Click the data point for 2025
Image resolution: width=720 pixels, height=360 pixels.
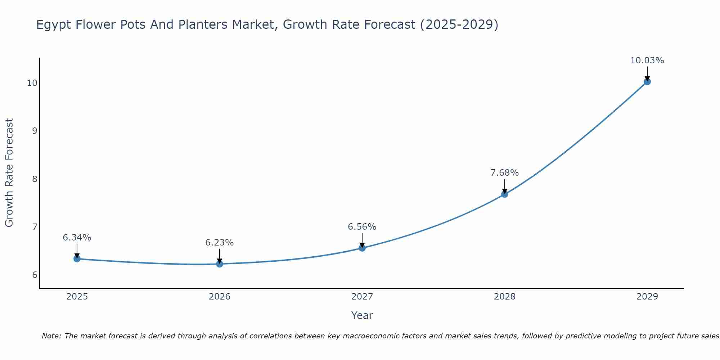(77, 258)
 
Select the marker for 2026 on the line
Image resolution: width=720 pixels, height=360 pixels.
(219, 264)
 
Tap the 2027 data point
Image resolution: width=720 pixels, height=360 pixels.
(362, 248)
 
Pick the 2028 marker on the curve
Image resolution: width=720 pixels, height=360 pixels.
(504, 194)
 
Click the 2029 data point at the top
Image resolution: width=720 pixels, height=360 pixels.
(647, 82)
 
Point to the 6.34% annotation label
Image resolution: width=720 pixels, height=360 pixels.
(77, 238)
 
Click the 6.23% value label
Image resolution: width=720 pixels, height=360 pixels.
(219, 243)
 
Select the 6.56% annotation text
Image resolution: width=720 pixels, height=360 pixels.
(362, 227)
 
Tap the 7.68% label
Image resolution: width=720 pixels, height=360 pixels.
(504, 173)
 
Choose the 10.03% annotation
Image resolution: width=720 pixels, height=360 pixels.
(647, 60)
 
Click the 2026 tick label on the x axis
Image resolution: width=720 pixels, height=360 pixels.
(219, 297)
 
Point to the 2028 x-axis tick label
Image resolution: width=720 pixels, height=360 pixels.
(504, 297)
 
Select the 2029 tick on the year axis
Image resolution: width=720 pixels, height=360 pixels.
(647, 297)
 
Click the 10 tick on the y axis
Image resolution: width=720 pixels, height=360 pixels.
(32, 83)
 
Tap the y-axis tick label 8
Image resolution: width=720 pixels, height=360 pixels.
(35, 179)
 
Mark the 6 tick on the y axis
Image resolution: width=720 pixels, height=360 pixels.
(35, 275)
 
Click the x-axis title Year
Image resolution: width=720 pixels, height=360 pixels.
(362, 315)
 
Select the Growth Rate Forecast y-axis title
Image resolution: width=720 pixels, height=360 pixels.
(9, 172)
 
